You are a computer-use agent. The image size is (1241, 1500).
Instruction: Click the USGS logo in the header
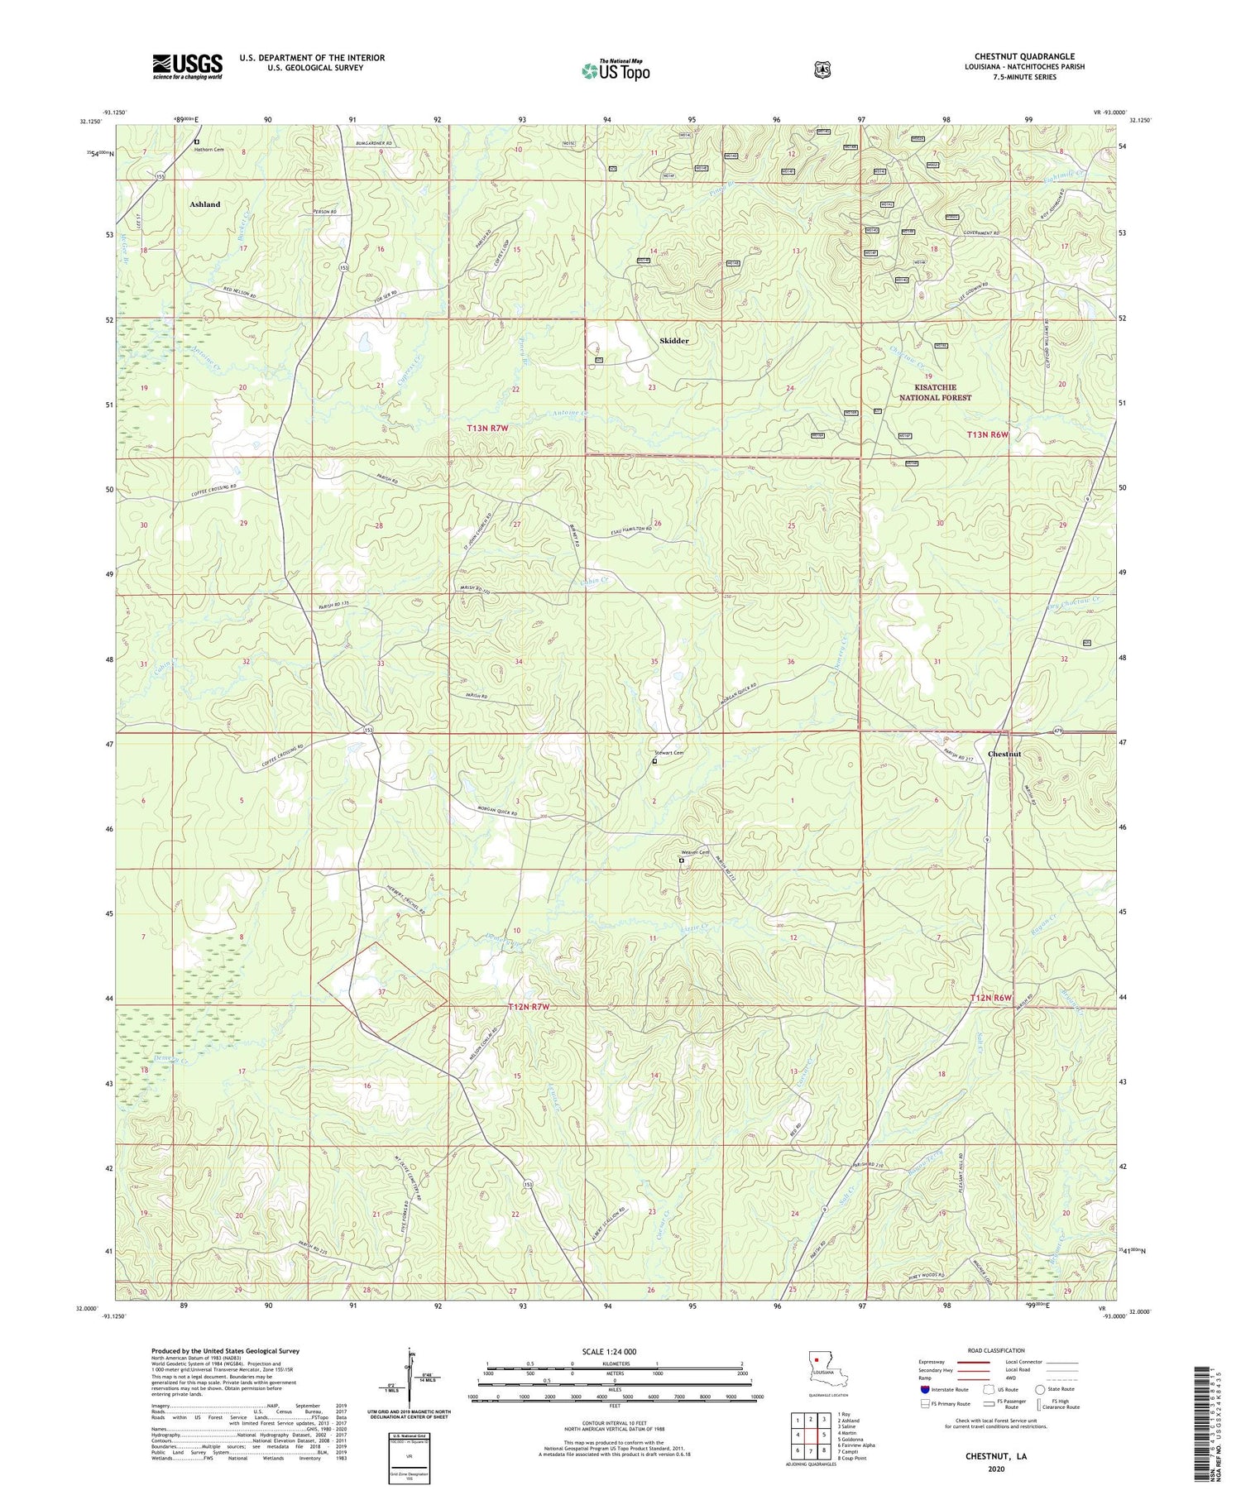click(187, 66)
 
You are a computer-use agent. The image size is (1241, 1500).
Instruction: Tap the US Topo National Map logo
click(616, 70)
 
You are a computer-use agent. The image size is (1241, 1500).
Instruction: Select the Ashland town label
click(205, 204)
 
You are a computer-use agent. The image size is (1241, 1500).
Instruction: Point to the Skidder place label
click(674, 341)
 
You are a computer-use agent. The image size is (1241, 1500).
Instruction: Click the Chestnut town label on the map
click(1004, 754)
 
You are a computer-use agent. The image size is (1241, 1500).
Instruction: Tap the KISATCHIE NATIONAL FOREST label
click(936, 392)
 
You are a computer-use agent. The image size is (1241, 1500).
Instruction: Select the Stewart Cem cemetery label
click(669, 753)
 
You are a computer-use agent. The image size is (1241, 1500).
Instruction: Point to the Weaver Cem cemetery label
click(695, 853)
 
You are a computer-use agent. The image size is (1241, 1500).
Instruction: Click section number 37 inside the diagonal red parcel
click(381, 991)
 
